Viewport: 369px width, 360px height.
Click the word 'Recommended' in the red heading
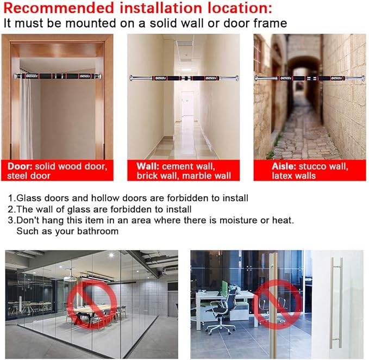[59, 8]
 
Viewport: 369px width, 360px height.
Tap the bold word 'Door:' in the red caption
[20, 166]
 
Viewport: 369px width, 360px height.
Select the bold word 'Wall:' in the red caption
[148, 166]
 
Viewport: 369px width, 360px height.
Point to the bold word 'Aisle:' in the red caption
[284, 166]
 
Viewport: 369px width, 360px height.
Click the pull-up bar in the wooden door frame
[58, 76]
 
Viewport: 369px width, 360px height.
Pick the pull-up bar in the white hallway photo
[184, 78]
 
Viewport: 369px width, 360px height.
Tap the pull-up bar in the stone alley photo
[310, 78]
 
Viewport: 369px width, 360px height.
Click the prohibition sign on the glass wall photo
[92, 304]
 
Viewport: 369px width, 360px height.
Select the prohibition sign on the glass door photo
[277, 304]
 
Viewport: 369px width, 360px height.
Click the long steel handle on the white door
[336, 303]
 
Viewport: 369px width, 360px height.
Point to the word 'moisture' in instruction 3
[238, 220]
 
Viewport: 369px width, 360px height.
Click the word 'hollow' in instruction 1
[105, 198]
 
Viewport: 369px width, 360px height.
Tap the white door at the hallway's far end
[187, 103]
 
